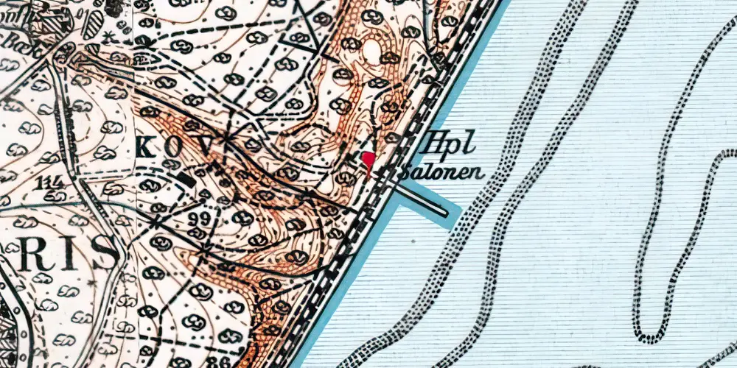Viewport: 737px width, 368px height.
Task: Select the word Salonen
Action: click(x=443, y=174)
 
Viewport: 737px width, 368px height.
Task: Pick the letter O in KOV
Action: click(x=170, y=147)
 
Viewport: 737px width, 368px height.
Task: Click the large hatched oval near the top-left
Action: click(x=91, y=24)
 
